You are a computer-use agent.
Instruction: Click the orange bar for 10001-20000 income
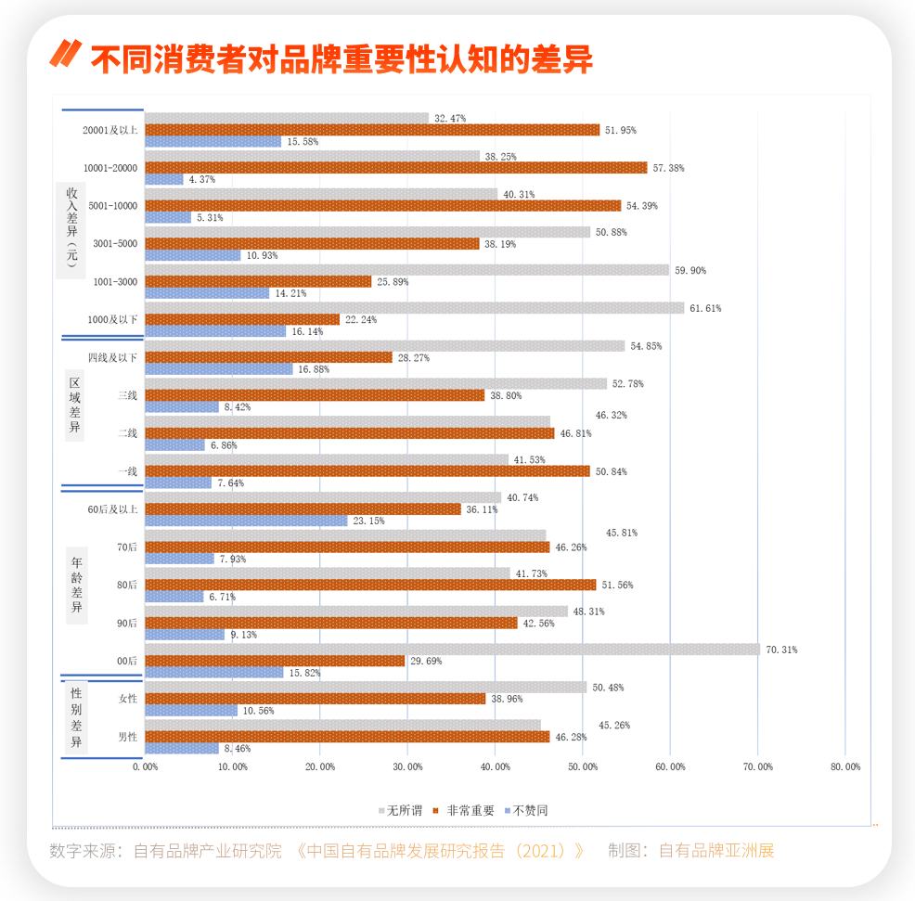coord(395,168)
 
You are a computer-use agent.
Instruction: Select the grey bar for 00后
coord(452,650)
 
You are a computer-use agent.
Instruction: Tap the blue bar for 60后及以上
coord(246,521)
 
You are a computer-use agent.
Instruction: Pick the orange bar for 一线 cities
coord(367,471)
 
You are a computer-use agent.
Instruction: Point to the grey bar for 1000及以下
coord(414,308)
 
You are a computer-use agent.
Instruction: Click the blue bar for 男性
coord(182,748)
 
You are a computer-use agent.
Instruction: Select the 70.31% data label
coord(781,650)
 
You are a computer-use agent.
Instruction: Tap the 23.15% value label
coord(368,521)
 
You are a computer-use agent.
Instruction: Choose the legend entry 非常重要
coord(470,810)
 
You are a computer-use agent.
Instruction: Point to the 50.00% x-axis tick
coord(583,766)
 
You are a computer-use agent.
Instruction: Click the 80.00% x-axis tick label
coord(845,766)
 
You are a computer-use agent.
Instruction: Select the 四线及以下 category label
coord(113,357)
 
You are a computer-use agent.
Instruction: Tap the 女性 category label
coord(128,699)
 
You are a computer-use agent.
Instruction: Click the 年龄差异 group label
coord(77,585)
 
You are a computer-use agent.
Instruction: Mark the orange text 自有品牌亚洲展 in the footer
coord(715,850)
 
